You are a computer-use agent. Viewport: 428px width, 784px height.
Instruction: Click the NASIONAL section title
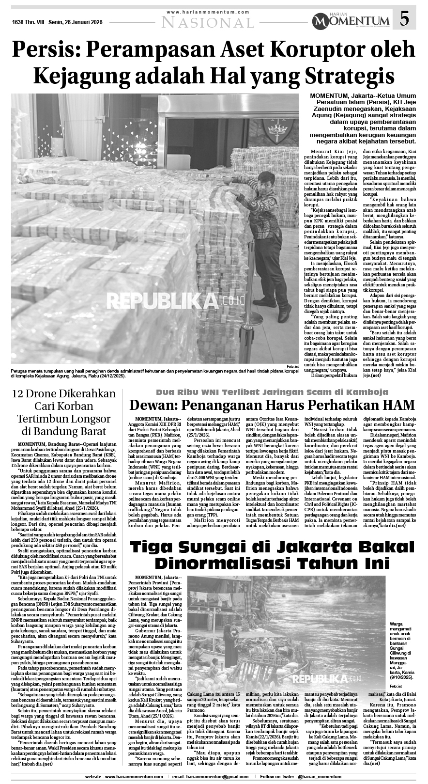pos(208,22)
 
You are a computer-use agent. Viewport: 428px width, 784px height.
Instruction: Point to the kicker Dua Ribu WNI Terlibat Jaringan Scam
pos(271,392)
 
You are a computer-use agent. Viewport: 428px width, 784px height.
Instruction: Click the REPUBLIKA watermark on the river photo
pos(330,677)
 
